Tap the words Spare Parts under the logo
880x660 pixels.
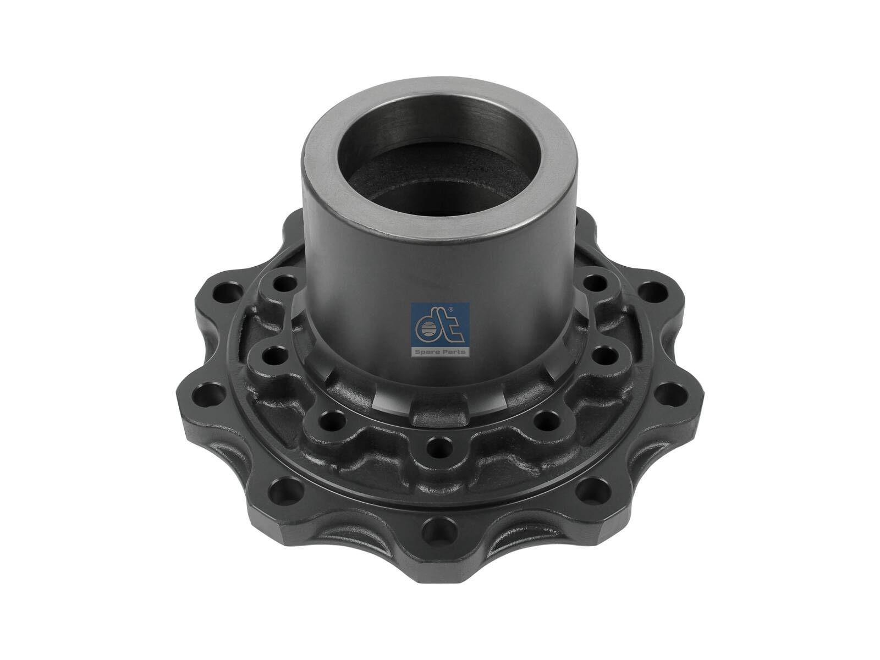coord(441,351)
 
